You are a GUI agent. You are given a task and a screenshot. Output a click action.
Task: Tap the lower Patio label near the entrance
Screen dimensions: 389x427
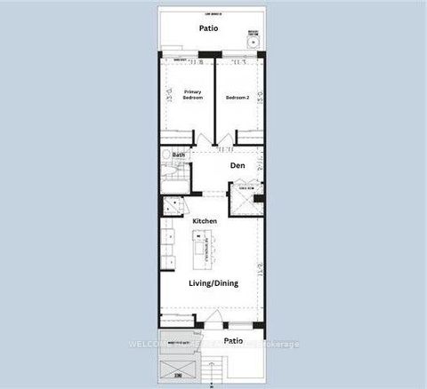(x=233, y=340)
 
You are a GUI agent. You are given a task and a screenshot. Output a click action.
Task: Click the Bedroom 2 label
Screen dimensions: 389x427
(x=237, y=97)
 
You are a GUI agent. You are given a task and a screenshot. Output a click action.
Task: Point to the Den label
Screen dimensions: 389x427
(x=238, y=165)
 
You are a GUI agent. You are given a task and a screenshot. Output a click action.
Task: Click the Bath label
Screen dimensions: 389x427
(x=179, y=155)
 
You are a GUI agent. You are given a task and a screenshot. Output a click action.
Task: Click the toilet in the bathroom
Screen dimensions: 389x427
(x=165, y=155)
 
